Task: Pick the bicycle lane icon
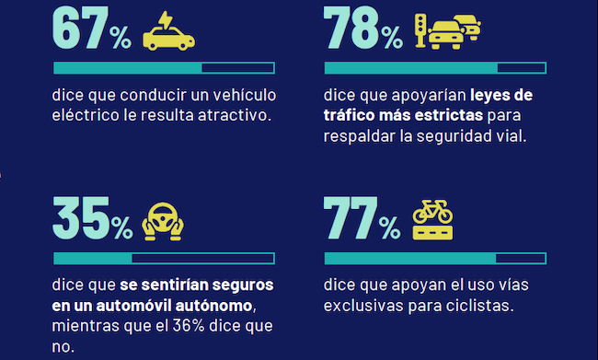tap(432, 220)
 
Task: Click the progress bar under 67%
tap(164, 67)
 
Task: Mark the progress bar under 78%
tap(435, 67)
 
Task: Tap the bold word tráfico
tap(349, 116)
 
